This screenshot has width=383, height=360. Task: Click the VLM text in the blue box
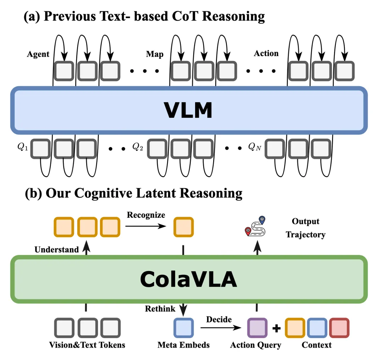188,110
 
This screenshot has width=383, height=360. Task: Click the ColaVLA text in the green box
188,279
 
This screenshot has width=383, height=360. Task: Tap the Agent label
38,54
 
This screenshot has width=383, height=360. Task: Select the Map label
155,54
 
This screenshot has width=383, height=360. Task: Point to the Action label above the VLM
266,53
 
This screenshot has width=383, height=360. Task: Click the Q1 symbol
23,147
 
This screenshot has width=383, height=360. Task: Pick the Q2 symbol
138,147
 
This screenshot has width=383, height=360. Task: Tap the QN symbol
255,147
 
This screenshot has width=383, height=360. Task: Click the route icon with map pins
255,226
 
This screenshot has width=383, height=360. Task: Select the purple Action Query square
257,328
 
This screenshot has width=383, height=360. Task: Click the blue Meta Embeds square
184,328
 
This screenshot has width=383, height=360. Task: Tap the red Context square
339,328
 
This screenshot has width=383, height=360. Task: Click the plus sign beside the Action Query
277,328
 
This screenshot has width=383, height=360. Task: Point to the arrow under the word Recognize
146,226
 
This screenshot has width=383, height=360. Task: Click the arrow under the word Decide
221,327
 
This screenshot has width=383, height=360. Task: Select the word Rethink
160,309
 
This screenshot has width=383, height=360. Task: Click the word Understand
57,250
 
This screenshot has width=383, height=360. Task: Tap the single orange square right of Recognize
184,227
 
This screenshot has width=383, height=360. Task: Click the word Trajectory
306,235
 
